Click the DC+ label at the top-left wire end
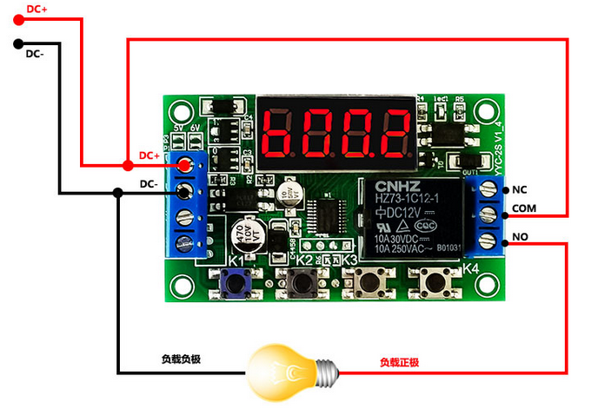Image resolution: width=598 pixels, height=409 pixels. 37,10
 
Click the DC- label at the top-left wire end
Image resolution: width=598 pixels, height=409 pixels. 35,54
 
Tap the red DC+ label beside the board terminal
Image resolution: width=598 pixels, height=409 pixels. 149,155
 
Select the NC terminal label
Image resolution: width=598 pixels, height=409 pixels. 520,189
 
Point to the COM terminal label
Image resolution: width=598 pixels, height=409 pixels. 524,208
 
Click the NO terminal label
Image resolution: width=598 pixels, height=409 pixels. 520,235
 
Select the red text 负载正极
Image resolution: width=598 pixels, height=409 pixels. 399,361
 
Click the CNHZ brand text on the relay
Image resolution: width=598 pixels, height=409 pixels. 397,187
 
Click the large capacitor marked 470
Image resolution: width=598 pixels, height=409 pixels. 245,237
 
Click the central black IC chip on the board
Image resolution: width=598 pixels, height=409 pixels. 326,213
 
